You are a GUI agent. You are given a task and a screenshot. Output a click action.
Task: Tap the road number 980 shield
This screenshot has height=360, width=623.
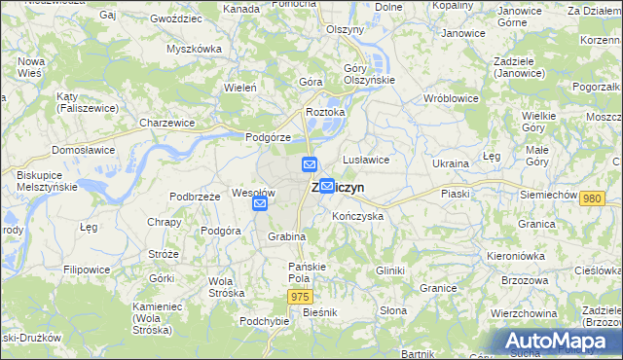(591, 198)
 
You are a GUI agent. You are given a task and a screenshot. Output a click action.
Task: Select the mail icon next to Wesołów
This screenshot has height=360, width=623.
(260, 204)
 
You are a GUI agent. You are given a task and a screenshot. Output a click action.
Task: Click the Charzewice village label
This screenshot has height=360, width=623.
(167, 124)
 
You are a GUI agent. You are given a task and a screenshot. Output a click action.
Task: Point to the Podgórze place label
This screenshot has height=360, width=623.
(269, 137)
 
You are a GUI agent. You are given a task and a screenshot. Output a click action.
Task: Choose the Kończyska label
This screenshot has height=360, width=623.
(357, 216)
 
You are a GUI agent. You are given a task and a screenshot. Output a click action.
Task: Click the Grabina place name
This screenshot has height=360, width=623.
(287, 236)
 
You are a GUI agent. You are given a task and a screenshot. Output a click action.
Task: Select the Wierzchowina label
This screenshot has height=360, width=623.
(524, 313)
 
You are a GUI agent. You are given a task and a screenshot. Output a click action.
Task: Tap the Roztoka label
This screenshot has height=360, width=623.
(325, 113)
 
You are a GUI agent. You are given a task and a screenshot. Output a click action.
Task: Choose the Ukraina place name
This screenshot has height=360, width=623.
(451, 163)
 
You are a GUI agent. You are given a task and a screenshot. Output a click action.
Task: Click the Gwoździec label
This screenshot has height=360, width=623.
(176, 18)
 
